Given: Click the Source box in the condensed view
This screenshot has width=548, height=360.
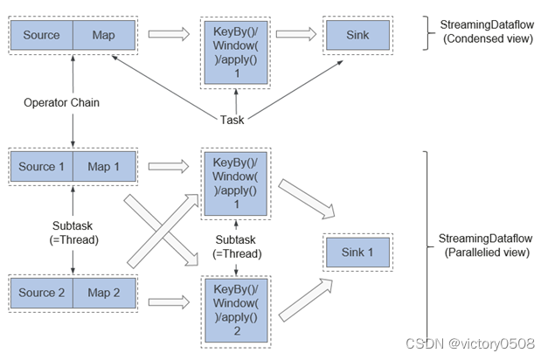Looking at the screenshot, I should click(41, 36).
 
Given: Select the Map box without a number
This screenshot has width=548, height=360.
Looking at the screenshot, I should click(103, 36).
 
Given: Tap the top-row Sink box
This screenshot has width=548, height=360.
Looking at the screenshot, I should click(356, 36).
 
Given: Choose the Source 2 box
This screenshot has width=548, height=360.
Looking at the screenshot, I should click(41, 293).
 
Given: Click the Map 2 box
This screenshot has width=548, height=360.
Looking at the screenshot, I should click(103, 293).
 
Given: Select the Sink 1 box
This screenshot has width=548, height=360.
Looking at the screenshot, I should click(356, 253).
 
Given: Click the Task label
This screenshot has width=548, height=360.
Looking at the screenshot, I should click(232, 120).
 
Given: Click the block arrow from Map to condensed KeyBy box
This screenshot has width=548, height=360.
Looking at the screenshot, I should click(168, 36).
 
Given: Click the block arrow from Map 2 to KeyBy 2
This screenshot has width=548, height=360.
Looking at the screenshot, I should click(168, 302).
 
